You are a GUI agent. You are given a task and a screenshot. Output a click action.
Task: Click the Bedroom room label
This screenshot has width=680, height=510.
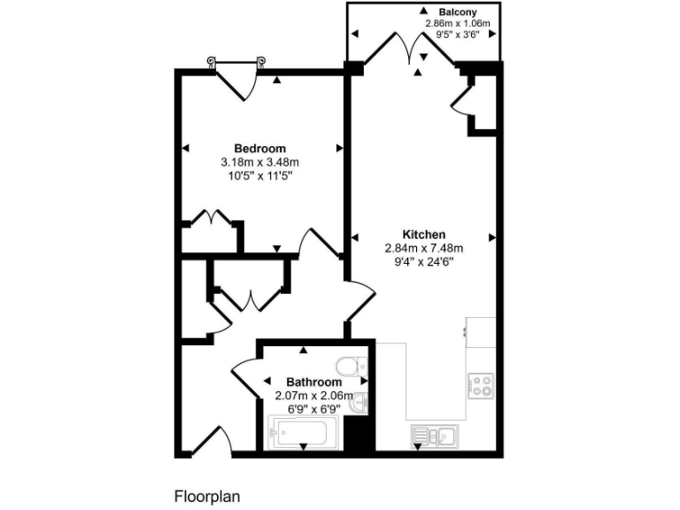tap(260, 148)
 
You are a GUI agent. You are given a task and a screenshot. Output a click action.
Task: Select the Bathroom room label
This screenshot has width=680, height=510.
tap(313, 382)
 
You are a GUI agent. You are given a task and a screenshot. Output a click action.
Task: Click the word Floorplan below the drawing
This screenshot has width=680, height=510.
tap(207, 496)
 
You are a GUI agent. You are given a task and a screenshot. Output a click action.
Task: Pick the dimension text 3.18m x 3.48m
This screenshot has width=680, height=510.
tap(260, 162)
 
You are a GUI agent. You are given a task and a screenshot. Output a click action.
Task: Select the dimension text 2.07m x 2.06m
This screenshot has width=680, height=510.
tap(313, 395)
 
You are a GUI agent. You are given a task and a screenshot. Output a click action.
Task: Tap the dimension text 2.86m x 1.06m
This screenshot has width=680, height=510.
tap(458, 24)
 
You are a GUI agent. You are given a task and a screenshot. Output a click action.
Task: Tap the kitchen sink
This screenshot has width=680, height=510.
tap(434, 435)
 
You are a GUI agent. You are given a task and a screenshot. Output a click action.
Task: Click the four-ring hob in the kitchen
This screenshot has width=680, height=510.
tap(481, 383)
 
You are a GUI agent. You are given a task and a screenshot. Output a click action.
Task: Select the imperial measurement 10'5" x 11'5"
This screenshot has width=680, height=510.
tap(260, 175)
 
